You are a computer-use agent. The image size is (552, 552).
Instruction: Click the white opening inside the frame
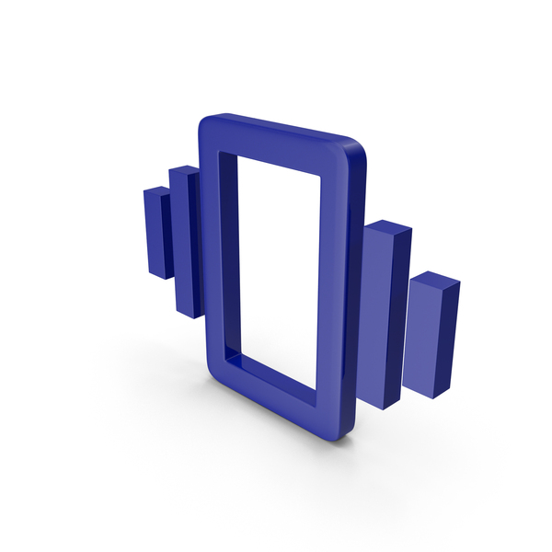tap(276, 267)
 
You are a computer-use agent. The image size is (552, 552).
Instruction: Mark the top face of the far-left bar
tap(157, 190)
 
